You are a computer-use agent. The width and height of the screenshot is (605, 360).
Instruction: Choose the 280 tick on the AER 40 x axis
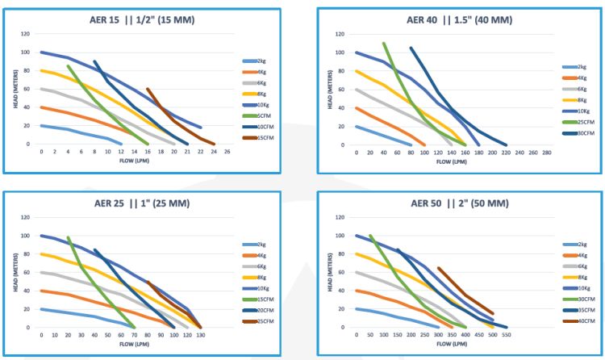click(546, 153)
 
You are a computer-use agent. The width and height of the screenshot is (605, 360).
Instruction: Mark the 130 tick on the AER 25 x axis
click(200, 335)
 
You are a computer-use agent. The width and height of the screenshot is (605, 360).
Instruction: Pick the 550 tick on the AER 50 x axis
click(507, 335)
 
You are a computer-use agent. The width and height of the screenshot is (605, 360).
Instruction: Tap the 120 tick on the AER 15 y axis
click(25, 34)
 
